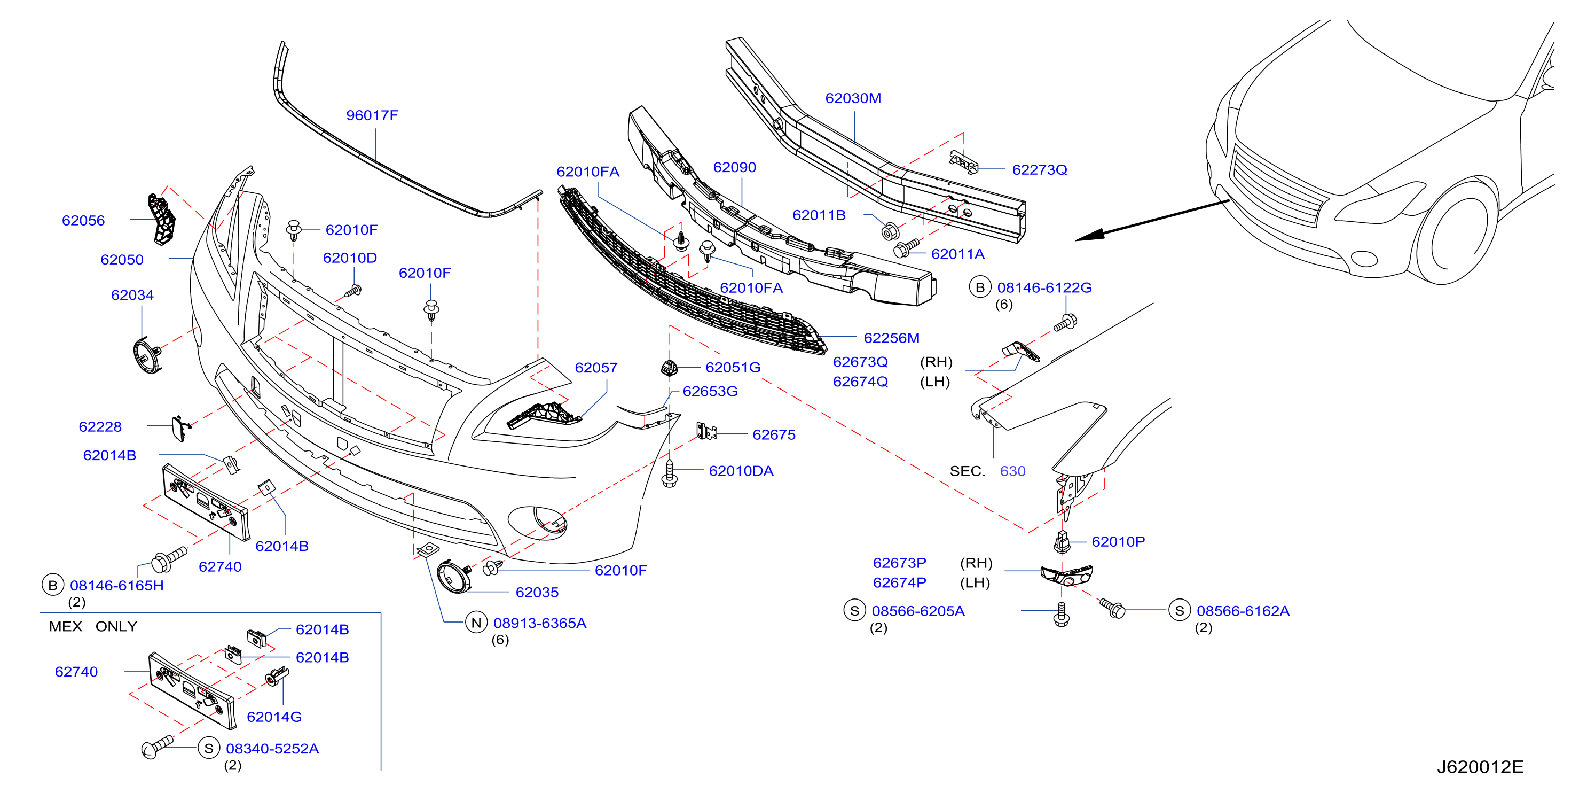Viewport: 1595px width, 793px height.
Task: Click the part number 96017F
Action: point(372,115)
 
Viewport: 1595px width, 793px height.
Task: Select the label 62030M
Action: point(853,98)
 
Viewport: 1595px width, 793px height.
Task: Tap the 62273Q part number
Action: point(1040,170)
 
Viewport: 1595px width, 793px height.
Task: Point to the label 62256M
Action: point(892,338)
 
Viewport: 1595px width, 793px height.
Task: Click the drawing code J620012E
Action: point(1480,767)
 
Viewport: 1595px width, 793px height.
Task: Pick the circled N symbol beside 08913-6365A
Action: point(476,623)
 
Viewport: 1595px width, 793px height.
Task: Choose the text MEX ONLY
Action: point(93,626)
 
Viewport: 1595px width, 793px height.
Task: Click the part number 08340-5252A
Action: point(272,749)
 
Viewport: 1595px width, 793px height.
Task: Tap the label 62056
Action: point(84,221)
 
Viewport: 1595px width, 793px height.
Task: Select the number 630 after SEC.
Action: point(1012,471)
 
